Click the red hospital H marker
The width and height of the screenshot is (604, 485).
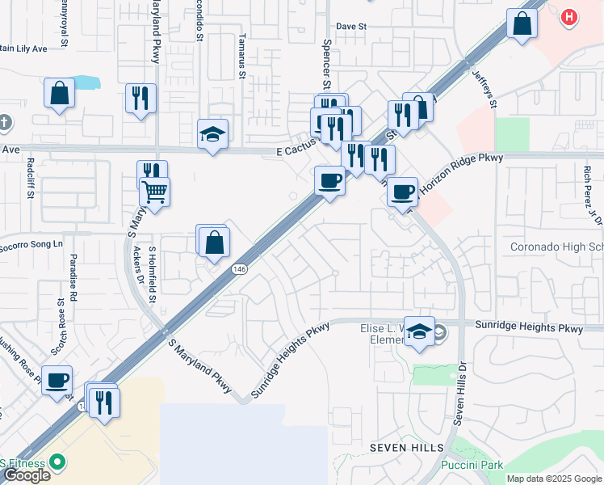pos(569,17)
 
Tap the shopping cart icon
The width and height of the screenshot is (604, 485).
pos(154,192)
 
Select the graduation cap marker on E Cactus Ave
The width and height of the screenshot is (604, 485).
pos(213,134)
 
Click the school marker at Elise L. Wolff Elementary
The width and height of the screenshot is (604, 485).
pos(419,331)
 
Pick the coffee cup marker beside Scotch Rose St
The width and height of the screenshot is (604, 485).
pos(57,380)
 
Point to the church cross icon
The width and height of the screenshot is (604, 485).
pos(6,123)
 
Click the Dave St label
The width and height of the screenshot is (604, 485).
pos(351,26)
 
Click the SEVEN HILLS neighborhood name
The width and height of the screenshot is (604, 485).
pos(407,448)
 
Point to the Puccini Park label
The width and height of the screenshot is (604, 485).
pos(472,465)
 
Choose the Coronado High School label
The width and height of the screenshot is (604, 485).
pos(556,247)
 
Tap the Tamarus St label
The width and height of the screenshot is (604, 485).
pos(241,57)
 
